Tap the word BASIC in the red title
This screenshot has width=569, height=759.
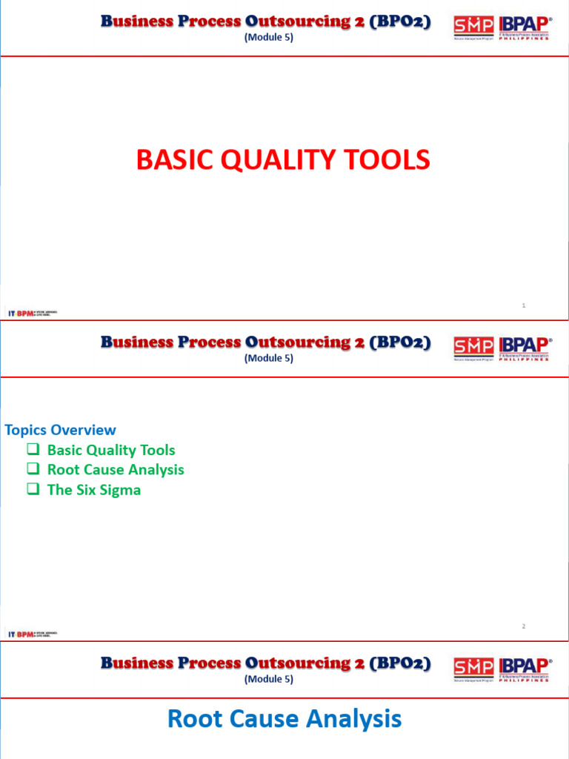click(x=168, y=160)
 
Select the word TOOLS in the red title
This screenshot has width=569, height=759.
click(x=389, y=160)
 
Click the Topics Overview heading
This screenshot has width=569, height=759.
click(x=60, y=430)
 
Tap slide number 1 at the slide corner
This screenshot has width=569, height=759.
click(x=523, y=305)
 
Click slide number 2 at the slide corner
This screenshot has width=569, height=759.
click(x=523, y=626)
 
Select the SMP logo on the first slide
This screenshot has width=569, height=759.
click(x=473, y=28)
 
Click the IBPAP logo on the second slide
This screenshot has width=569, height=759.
click(x=525, y=348)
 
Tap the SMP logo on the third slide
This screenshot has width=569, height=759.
click(x=473, y=669)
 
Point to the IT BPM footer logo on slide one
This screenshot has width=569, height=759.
click(x=32, y=314)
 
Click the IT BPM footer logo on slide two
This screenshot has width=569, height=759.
click(x=32, y=634)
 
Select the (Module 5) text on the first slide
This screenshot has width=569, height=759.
click(x=268, y=38)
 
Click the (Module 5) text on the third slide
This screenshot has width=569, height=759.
click(x=268, y=679)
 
